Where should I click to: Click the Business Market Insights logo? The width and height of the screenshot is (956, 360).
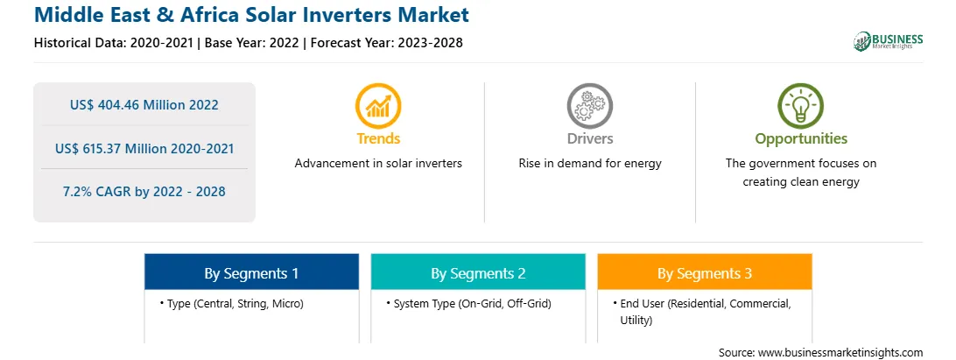[889, 41]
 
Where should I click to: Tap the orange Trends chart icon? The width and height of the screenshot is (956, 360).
[378, 106]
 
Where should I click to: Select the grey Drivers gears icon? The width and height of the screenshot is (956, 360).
[589, 106]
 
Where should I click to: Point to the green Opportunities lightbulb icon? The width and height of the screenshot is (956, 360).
[800, 106]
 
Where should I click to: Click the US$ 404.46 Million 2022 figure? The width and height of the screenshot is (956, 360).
[144, 105]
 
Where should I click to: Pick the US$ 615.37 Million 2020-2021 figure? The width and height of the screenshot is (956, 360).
[144, 148]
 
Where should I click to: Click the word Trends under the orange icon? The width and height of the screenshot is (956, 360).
[378, 138]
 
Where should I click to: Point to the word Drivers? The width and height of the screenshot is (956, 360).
[589, 138]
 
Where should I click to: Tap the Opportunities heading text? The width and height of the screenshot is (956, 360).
[801, 138]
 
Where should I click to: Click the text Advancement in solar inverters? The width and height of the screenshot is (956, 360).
[378, 164]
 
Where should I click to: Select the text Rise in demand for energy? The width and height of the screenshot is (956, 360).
[589, 164]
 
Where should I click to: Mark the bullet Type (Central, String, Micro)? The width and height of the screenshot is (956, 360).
[232, 303]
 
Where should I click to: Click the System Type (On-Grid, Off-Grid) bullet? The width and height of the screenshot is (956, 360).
[469, 303]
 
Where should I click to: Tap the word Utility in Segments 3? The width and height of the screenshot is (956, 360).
[636, 321]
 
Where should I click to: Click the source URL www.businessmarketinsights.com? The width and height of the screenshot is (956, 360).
[840, 353]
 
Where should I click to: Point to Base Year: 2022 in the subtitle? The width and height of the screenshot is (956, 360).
[252, 43]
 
